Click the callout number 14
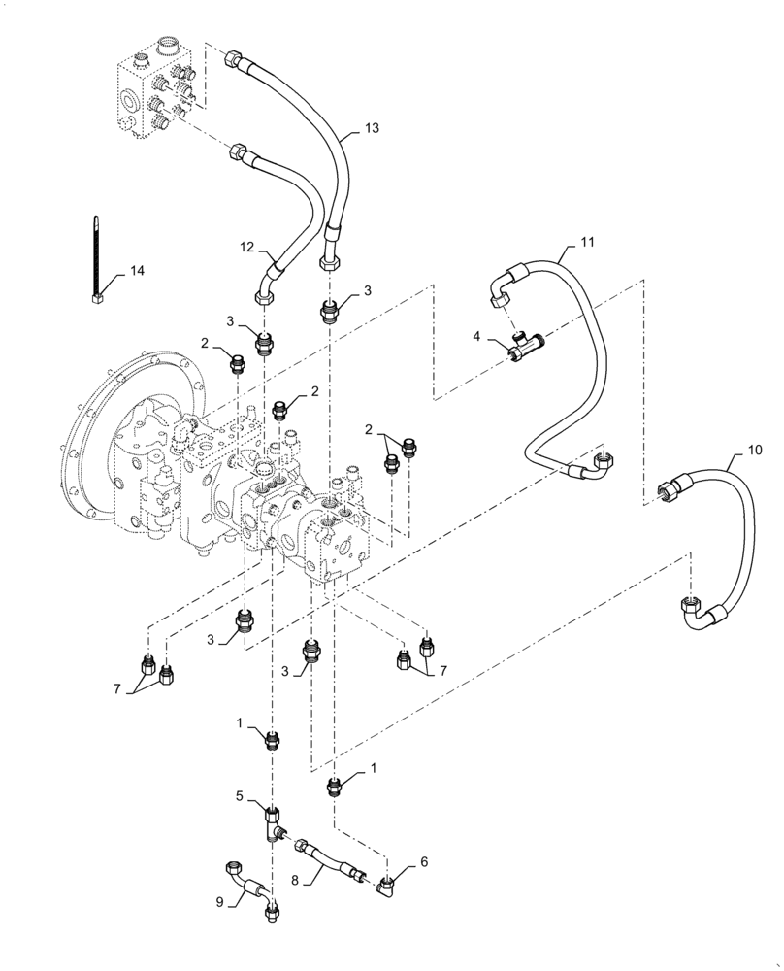click(138, 271)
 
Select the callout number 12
click(248, 248)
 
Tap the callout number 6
click(423, 861)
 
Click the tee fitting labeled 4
click(525, 346)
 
